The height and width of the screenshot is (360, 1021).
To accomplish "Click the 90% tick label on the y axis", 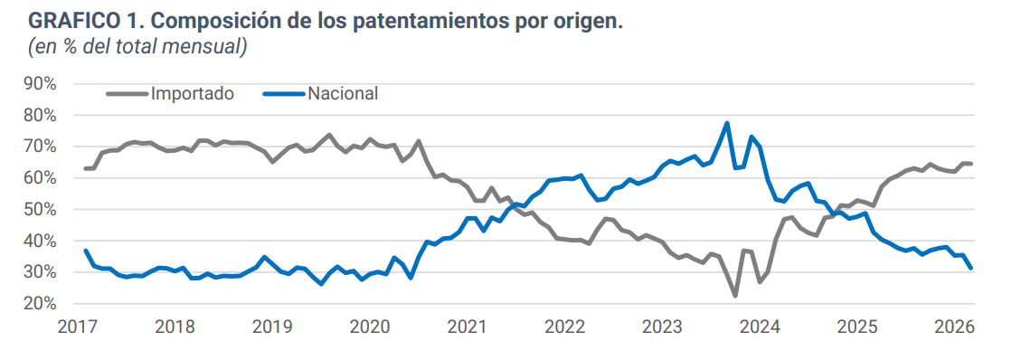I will pyautogui.click(x=41, y=83).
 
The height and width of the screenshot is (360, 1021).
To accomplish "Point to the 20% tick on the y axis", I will pyautogui.click(x=41, y=304).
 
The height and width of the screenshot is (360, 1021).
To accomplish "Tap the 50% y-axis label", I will pyautogui.click(x=41, y=210).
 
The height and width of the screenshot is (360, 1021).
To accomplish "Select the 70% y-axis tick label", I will pyautogui.click(x=41, y=147).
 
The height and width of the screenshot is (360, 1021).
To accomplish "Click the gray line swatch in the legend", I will pyautogui.click(x=127, y=93).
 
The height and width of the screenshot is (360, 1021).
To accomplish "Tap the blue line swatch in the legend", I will pyautogui.click(x=282, y=93).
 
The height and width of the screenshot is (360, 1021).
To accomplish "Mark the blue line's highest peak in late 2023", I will pyautogui.click(x=727, y=123).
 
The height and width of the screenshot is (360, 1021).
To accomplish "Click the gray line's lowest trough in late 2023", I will pyautogui.click(x=735, y=296).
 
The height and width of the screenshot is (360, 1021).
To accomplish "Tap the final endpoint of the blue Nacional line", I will pyautogui.click(x=970, y=268).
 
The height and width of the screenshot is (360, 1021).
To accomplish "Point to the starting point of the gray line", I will pyautogui.click(x=85, y=168).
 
